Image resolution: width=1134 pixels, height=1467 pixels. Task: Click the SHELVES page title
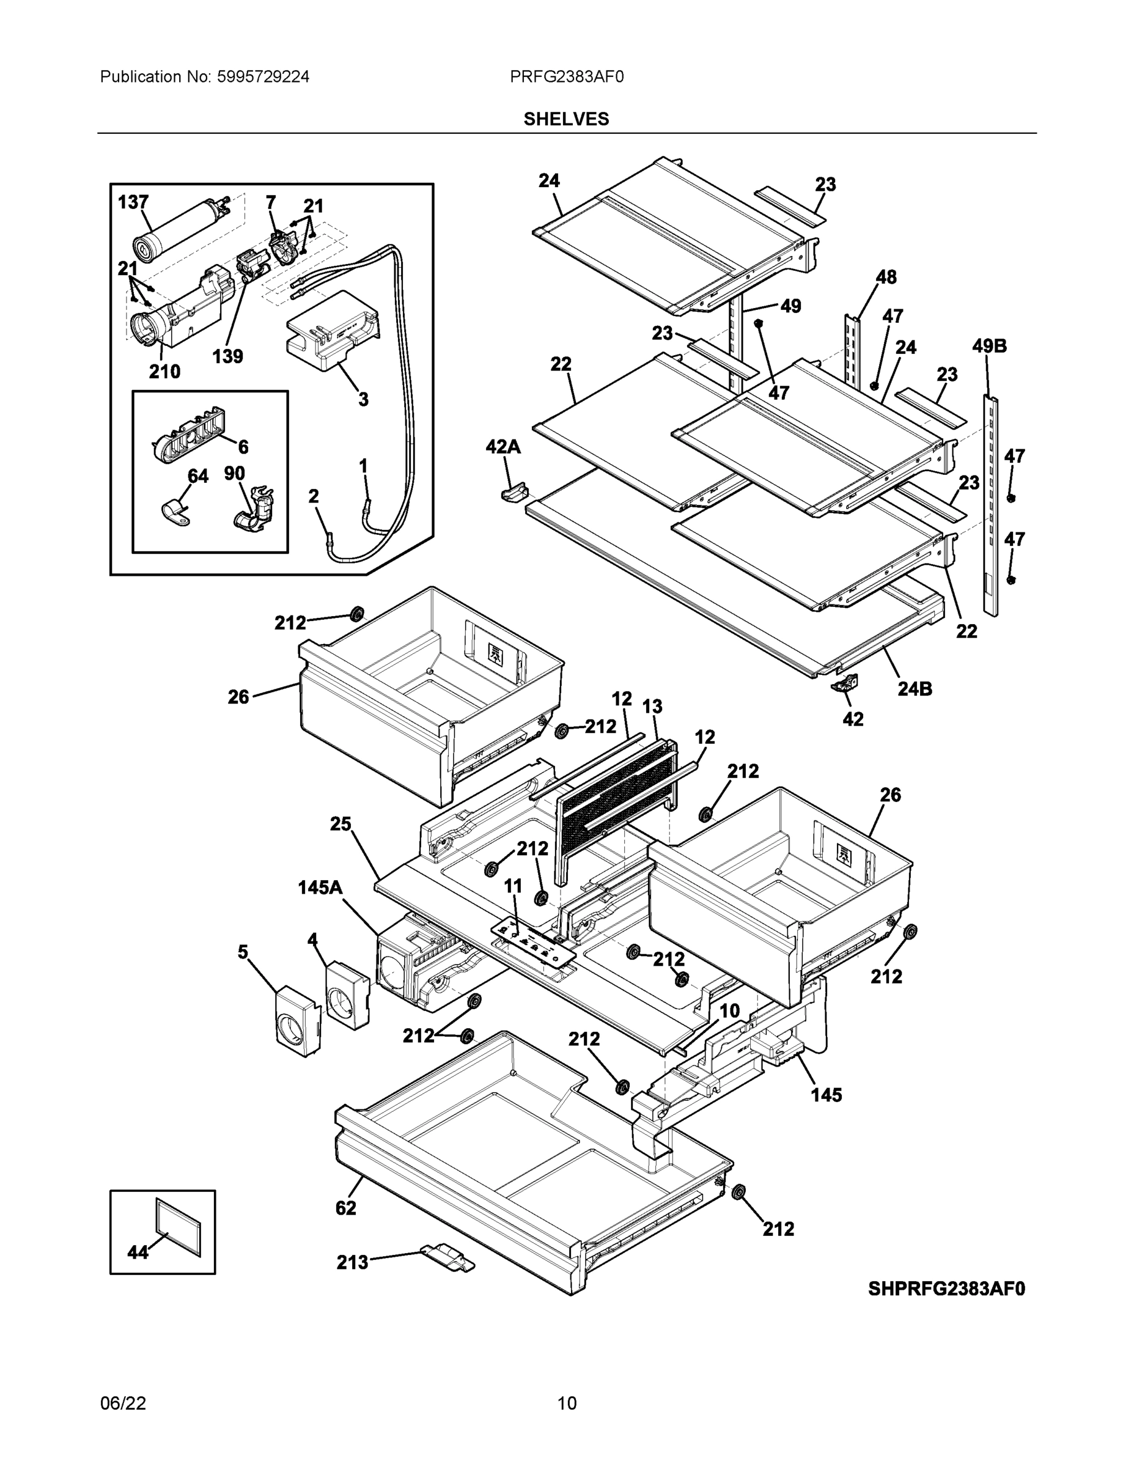coord(566,119)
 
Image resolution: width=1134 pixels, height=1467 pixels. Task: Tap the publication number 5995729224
coord(263,77)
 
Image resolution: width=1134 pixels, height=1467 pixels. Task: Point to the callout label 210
coord(164,372)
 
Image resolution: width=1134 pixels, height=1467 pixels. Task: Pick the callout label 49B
coord(989,347)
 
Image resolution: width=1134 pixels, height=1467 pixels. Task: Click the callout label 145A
coord(320,888)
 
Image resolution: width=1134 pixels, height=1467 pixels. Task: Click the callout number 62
coord(346,1208)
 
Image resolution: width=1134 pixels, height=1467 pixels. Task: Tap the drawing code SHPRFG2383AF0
coord(946,1289)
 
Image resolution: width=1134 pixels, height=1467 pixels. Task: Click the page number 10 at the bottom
coord(566,1403)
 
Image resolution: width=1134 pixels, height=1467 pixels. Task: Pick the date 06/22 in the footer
coord(123,1403)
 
